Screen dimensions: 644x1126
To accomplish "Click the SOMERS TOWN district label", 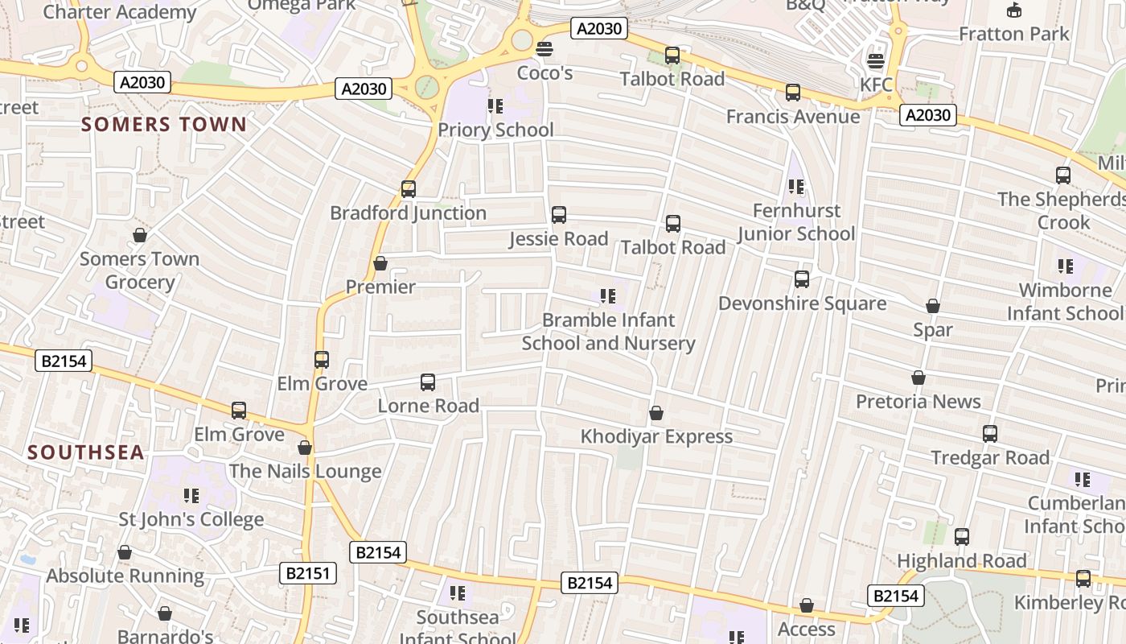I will coord(164,124).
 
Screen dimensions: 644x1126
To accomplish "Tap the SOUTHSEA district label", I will coord(86,452).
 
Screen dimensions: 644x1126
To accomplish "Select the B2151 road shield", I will coord(308,573).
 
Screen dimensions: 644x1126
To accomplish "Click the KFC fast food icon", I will coord(875,61).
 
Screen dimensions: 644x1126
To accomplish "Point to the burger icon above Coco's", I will coord(545,49).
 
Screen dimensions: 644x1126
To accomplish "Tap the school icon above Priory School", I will coord(495,105).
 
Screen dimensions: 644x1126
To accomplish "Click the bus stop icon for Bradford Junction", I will coord(409,189).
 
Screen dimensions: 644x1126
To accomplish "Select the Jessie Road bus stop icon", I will coord(559,215).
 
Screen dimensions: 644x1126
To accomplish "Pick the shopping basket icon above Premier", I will coord(380,263).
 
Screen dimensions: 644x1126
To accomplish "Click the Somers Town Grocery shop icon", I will coord(140,235).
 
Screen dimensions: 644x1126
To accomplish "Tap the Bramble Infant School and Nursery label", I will coord(609,332).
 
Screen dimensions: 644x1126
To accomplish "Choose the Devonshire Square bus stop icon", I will coord(802,279).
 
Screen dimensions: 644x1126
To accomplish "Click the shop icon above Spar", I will coord(933,306).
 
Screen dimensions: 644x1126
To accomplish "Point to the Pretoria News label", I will coord(918,401).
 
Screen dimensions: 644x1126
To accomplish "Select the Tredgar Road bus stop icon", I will coord(990,434).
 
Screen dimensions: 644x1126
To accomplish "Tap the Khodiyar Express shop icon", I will coord(656,413).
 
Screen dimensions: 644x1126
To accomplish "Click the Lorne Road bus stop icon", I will coord(428,382).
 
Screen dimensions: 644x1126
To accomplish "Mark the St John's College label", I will coord(191,519).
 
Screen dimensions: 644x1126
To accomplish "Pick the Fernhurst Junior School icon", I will coord(796,187).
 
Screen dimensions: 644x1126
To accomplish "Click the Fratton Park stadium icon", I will coord(1015,10).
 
